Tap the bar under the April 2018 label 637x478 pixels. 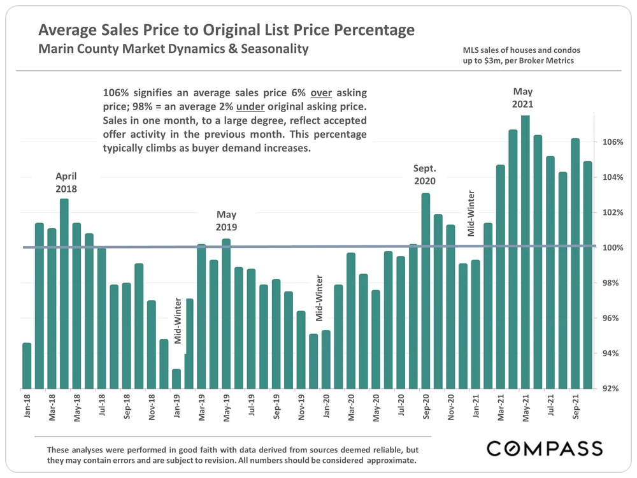[64, 293]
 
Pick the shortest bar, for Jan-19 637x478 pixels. [176, 379]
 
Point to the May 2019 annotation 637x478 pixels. [226, 221]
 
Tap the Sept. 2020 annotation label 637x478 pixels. [424, 175]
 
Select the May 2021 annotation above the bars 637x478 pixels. [523, 98]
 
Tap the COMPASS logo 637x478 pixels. [545, 448]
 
